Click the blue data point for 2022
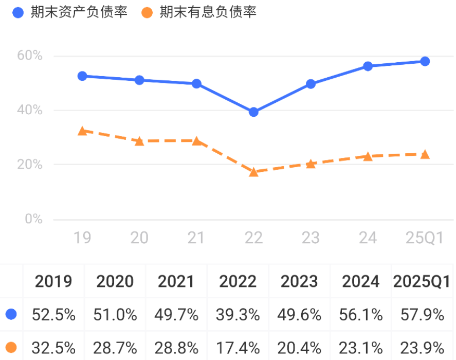pos(253,112)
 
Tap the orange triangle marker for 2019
pos(82,131)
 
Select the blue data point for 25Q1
pos(425,61)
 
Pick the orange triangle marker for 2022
pos(253,172)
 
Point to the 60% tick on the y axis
pos(30,56)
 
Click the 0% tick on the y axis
pos(33,219)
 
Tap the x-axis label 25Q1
pos(425,238)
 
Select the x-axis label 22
pos(253,238)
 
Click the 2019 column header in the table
pos(53,281)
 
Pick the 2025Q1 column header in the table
pos(422,281)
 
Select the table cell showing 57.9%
pos(422,314)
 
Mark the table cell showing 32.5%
pos(53,347)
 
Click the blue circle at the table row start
pos(11,314)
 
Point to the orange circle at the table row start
pos(11,347)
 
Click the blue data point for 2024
pos(368,66)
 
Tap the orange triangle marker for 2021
pos(196,141)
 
